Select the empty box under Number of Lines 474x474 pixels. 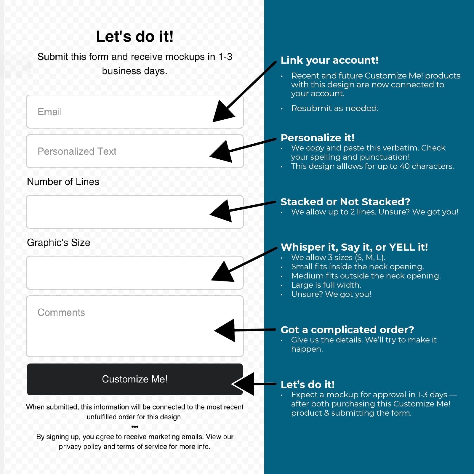pos(118,212)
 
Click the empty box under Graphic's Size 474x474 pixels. pos(118,273)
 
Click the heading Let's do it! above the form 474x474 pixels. pos(135,37)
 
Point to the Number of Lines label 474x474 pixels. pos(63,182)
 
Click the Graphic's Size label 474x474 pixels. pos(58,243)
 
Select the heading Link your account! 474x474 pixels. pos(329,60)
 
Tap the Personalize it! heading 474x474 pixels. pos(318,138)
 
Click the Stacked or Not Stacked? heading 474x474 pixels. pos(345,202)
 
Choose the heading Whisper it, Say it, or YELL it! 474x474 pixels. pos(354,247)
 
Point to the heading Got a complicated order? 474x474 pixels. pos(347,330)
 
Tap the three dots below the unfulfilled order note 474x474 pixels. pos(135,427)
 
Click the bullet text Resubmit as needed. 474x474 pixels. pos(335,108)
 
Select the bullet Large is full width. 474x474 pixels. pos(326,285)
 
